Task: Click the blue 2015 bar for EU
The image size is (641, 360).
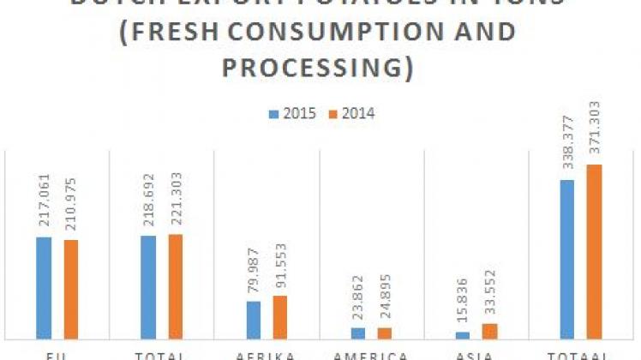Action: (x=44, y=287)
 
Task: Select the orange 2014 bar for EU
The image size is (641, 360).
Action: (x=70, y=289)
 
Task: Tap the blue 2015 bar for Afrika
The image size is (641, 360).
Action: (x=253, y=319)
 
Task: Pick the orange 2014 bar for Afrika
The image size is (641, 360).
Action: (x=280, y=316)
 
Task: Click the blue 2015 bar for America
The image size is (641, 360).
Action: (x=358, y=333)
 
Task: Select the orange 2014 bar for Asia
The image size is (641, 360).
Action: (x=489, y=330)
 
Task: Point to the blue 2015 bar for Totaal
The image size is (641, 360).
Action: (x=567, y=259)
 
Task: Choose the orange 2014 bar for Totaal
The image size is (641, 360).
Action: (x=594, y=251)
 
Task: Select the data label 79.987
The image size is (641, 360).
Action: (x=253, y=272)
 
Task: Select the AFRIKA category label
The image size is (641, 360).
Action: (x=267, y=355)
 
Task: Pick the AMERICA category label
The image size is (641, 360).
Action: (x=371, y=355)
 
